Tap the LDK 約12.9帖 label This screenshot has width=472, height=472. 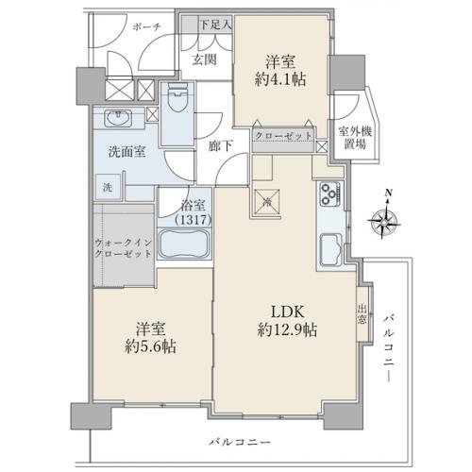click(x=283, y=321)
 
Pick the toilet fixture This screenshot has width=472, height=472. click(x=177, y=102)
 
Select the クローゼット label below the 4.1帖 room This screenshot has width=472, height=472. click(x=284, y=137)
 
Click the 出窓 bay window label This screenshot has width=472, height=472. click(x=362, y=312)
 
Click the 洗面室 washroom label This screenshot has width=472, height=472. click(x=126, y=154)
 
